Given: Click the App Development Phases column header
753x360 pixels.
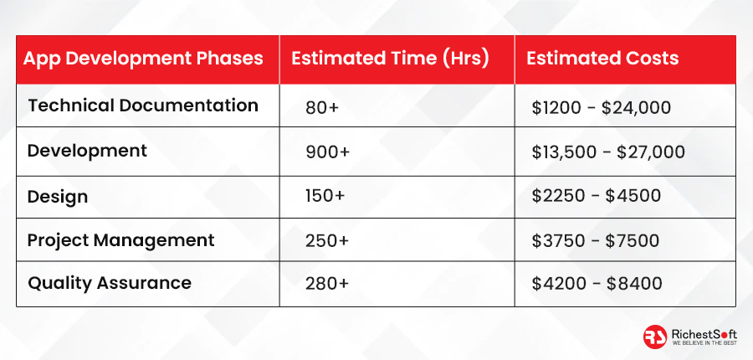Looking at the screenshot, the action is tap(143, 59).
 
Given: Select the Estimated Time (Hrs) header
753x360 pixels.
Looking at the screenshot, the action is tap(390, 59).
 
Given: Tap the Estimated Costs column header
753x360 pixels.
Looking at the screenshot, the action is tap(602, 59).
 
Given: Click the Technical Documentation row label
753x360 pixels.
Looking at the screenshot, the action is tap(143, 105).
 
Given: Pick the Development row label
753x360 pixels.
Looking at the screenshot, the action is tap(87, 152).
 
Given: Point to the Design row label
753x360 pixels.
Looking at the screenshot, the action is tap(58, 197).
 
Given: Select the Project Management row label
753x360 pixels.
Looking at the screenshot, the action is tap(121, 240).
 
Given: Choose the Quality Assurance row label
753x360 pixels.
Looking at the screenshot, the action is tap(110, 283).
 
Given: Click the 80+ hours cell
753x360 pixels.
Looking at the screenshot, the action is tap(322, 108).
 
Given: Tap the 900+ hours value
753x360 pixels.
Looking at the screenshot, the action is tap(328, 152).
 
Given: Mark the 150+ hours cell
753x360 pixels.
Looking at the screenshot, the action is tap(325, 196).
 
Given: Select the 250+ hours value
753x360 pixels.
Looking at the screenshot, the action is tap(327, 240).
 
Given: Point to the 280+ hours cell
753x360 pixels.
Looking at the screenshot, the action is tap(327, 284).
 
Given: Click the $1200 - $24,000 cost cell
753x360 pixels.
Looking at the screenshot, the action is tap(602, 108).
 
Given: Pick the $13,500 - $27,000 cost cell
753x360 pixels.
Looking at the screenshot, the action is tap(608, 152).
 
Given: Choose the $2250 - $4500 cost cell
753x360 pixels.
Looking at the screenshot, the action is tap(597, 196).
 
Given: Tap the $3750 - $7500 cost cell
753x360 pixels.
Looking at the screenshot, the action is tap(596, 240).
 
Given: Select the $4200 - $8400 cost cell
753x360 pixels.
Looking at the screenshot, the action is tap(597, 284).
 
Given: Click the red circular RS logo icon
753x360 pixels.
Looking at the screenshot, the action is tap(655, 337).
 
